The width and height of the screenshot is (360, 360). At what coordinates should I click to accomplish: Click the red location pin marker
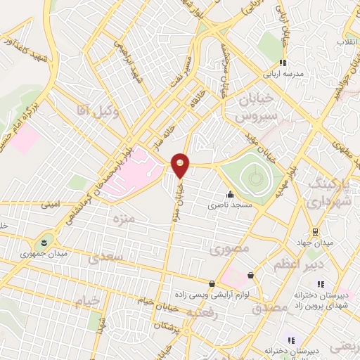coord(181,165)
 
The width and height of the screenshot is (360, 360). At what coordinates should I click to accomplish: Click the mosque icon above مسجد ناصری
coord(229,195)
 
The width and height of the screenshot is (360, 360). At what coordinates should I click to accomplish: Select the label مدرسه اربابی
coord(283,73)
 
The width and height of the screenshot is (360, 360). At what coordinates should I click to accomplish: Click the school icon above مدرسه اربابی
coord(283,63)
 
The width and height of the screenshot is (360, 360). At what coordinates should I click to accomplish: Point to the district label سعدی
coord(108,258)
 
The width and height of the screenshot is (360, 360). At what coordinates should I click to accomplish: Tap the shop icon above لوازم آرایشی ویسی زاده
coord(212,283)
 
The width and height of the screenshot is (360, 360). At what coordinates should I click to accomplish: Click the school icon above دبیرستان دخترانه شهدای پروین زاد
coord(321,284)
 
